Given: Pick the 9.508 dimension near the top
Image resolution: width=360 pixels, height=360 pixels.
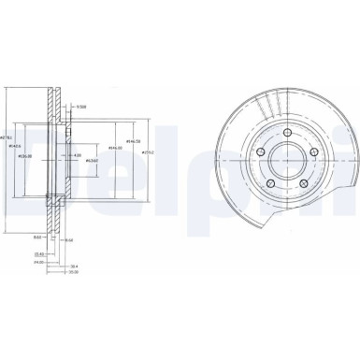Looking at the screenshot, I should coord(81,106).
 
